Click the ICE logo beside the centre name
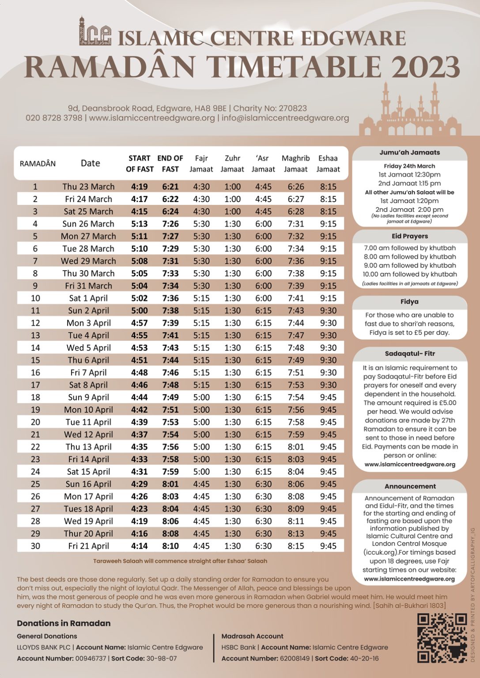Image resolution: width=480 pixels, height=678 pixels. coord(94,32)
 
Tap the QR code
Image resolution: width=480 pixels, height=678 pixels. coord(442,638)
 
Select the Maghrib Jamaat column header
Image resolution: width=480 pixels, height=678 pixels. coord(295,163)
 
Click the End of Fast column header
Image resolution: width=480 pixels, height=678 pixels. coord(170,163)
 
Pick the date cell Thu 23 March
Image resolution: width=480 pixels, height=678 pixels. coord(88,187)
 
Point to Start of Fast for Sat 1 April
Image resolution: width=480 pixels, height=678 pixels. coord(139,298)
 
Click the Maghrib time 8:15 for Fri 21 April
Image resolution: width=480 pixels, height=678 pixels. coord(295,546)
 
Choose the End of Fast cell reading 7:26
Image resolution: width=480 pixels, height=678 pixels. coord(170,224)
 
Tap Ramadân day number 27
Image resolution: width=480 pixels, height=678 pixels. coord(35,509)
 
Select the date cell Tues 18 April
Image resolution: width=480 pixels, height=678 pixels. coord(88,509)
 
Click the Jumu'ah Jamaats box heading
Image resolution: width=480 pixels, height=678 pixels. coord(409,152)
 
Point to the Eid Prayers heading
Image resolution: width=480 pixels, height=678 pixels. coord(409,236)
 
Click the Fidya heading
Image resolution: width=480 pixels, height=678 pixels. coord(409,302)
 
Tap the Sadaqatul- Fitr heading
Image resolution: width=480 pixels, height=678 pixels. coord(409,354)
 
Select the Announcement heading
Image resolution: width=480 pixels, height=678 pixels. coord(410,486)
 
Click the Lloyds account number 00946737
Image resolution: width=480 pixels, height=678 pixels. coord(91,659)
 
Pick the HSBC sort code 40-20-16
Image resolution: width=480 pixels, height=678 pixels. coord(364,659)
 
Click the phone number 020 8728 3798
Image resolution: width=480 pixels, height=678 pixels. coord(54,118)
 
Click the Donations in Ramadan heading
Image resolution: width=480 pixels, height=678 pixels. coord(64,623)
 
